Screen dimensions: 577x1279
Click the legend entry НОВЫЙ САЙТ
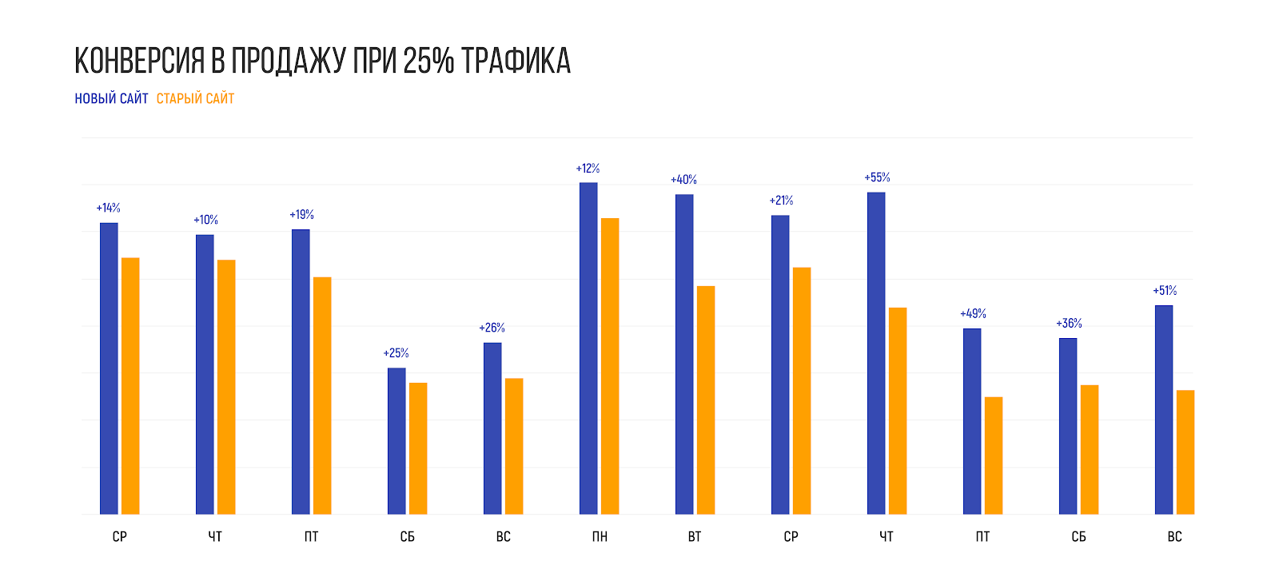coord(111,98)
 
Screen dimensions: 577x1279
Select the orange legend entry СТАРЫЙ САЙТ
coord(195,98)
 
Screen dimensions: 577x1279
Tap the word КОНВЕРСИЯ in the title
coord(140,61)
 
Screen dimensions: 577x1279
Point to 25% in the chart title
coord(428,61)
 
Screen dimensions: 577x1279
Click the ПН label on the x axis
coord(600,536)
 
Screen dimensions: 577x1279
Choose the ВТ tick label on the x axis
coord(695,536)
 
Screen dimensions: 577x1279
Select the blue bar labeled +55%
coord(876,352)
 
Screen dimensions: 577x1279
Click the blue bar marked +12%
coord(588,348)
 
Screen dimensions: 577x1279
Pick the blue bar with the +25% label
coord(396,440)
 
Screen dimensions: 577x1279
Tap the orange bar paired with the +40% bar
coord(706,400)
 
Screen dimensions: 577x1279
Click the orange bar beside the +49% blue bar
coord(994,456)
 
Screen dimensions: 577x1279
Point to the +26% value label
coord(492,328)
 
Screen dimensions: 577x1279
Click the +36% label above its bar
coord(1069,324)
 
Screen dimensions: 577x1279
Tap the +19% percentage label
coord(301,215)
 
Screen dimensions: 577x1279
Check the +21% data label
coord(781,201)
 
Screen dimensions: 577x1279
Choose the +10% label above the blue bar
coord(205,220)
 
